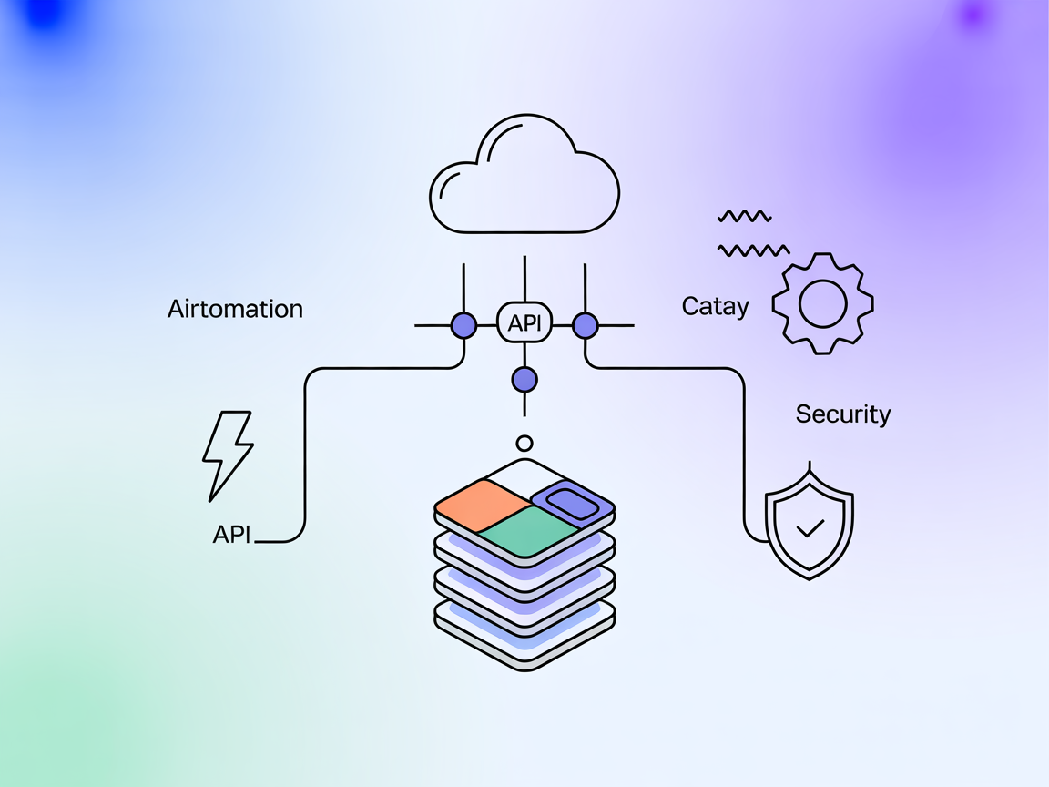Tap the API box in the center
coord(524,323)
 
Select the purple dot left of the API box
coord(464,325)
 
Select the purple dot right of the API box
coord(585,325)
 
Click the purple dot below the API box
coord(524,379)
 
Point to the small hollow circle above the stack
coord(524,444)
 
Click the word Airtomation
coord(235,309)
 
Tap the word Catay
coord(715,307)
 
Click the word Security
coord(843,414)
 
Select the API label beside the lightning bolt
coord(231,535)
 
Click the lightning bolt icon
coord(226,455)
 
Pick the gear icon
coord(822,303)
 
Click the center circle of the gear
coord(822,303)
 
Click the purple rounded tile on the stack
coord(571,500)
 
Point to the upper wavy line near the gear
coord(744,217)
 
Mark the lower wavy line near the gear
coord(753,250)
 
